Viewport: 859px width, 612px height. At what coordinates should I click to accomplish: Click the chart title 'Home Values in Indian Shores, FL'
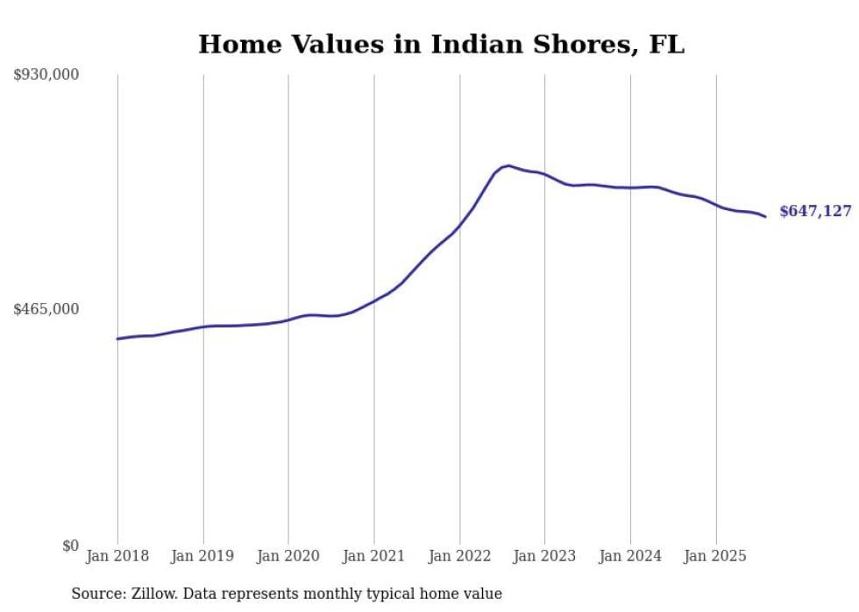click(x=441, y=45)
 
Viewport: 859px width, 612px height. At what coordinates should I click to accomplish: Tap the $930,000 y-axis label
click(x=46, y=75)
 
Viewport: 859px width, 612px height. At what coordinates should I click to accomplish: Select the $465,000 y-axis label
click(x=46, y=309)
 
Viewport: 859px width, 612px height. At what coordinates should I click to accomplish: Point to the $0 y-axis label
click(x=70, y=545)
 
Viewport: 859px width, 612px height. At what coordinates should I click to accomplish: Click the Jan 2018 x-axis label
click(x=117, y=556)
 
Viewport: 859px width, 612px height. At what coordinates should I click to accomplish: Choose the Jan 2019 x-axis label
click(x=203, y=556)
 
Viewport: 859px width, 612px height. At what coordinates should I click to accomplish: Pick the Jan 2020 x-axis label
click(x=288, y=556)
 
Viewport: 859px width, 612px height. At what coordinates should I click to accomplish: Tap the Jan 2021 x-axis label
click(x=374, y=556)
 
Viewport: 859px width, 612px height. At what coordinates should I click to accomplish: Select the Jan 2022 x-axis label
click(x=459, y=556)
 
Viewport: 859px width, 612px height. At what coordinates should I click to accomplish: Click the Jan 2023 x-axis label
click(x=544, y=556)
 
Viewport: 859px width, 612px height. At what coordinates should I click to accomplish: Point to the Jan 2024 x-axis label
click(x=630, y=556)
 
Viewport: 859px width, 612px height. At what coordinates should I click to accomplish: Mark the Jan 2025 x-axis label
click(x=715, y=556)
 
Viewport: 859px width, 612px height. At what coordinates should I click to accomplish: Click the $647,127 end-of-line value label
click(x=815, y=212)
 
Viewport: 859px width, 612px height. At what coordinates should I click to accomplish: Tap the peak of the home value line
click(x=508, y=165)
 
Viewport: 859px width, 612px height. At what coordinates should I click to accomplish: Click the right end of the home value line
click(x=765, y=216)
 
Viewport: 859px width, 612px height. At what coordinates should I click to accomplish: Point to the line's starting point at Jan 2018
click(x=117, y=339)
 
